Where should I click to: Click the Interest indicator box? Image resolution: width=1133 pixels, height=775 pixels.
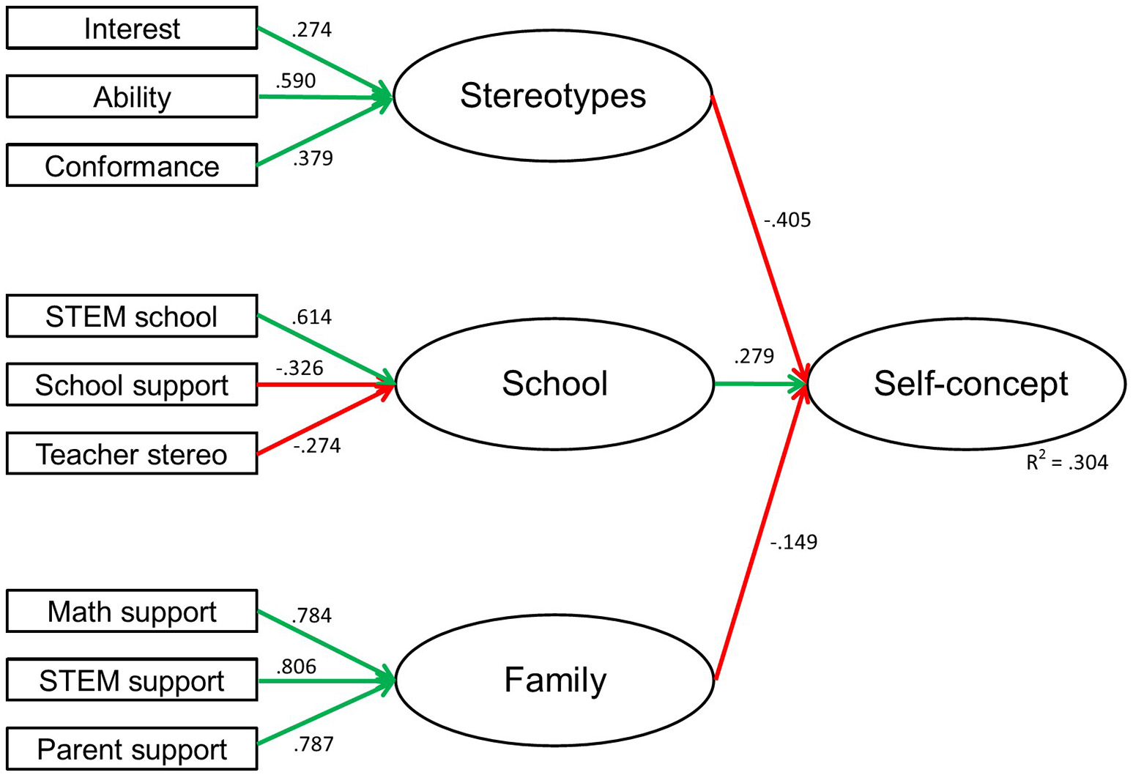tap(132, 29)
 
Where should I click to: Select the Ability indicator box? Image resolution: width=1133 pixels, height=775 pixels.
tap(132, 97)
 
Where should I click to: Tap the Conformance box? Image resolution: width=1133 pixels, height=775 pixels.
tap(132, 166)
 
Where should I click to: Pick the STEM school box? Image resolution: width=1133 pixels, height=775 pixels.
tap(132, 316)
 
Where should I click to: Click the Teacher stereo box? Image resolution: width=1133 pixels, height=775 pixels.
tap(132, 454)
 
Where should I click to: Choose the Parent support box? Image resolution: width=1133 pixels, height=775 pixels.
tap(132, 749)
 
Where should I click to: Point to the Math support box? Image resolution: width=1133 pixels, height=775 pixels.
tap(132, 612)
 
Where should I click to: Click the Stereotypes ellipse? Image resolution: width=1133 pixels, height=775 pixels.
tap(553, 96)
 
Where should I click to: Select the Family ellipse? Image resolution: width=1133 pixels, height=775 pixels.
tap(554, 680)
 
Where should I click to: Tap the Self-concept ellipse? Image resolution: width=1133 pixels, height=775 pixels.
tap(967, 384)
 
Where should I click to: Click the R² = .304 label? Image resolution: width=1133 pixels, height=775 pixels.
tap(1067, 462)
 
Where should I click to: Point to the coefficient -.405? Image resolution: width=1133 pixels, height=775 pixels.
tap(788, 220)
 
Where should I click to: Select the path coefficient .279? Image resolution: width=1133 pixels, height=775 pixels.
tap(754, 356)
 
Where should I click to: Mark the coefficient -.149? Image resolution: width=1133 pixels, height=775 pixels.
tap(794, 543)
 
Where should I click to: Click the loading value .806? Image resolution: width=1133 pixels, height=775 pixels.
tap(296, 667)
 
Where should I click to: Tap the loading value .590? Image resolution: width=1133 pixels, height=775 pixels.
tap(295, 81)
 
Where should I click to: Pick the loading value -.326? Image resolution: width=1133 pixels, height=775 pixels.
tap(300, 368)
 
